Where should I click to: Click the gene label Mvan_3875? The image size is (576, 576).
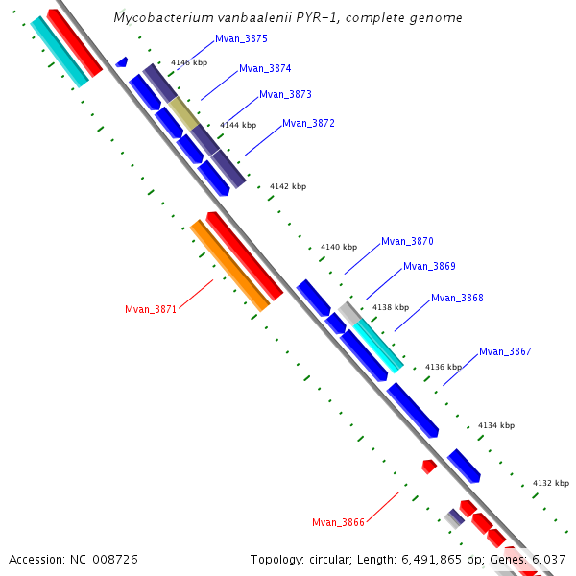(241, 38)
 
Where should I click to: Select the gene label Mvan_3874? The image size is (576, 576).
(265, 68)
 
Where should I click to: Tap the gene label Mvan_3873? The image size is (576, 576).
(285, 94)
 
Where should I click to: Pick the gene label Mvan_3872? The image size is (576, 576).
(308, 123)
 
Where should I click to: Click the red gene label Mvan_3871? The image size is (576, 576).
(151, 309)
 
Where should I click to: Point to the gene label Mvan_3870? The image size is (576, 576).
(407, 241)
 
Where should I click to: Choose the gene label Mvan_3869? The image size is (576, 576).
(429, 266)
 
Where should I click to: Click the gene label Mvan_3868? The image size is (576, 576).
(457, 298)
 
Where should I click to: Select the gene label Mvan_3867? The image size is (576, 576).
(505, 351)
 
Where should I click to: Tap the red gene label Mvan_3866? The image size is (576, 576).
(338, 522)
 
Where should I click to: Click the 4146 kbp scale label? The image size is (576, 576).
(189, 61)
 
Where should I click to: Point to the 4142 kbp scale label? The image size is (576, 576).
(287, 186)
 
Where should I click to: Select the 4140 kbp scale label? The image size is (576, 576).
(338, 247)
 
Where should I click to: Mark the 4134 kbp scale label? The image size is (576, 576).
(495, 425)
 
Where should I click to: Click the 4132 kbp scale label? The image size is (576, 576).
(550, 483)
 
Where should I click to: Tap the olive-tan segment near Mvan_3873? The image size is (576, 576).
(184, 112)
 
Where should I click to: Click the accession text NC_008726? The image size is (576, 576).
(105, 558)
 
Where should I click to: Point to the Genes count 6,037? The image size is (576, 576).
(548, 558)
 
